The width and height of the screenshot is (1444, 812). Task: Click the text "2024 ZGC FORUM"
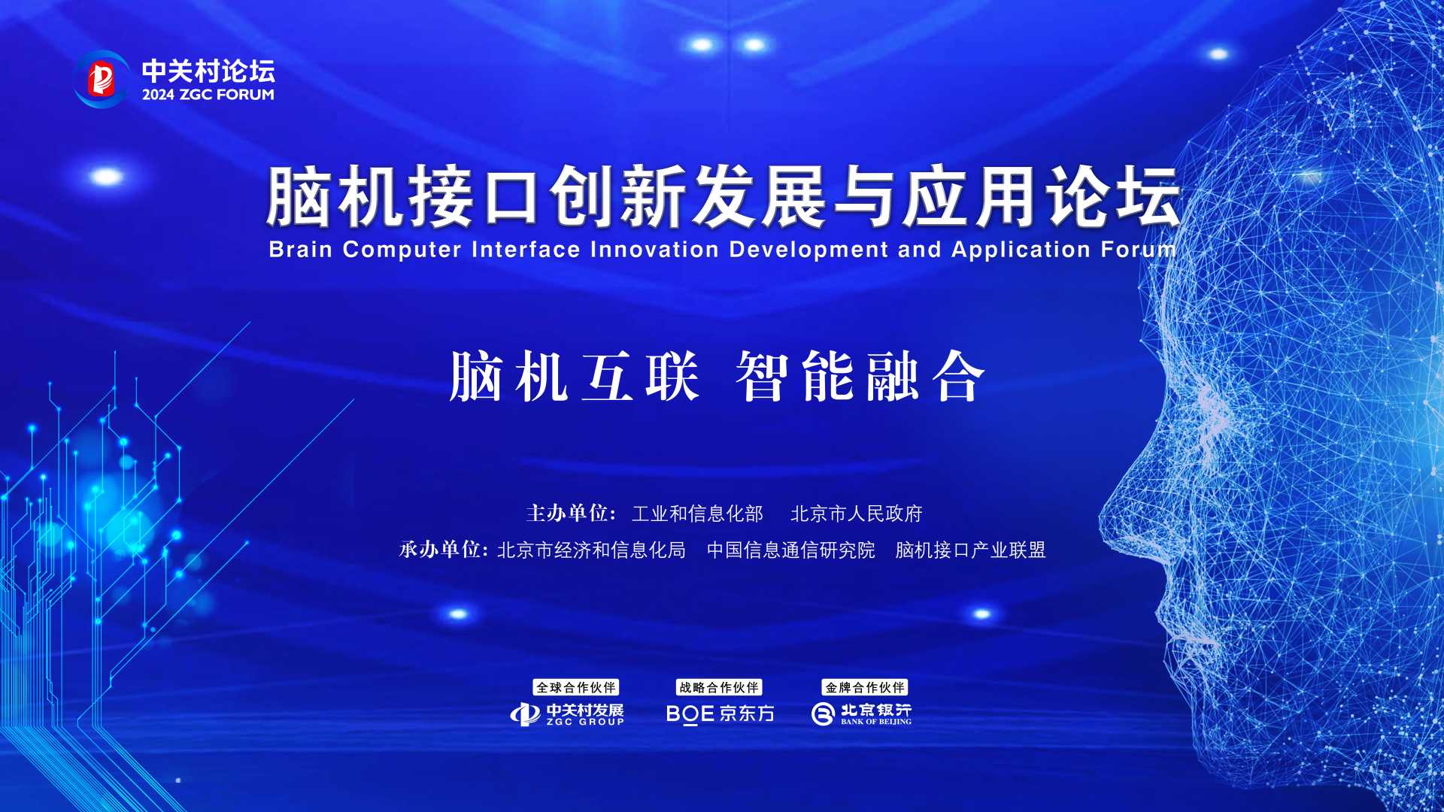(x=208, y=95)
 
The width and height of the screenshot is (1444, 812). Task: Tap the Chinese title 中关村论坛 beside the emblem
(x=208, y=71)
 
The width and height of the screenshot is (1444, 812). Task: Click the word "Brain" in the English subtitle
(x=301, y=250)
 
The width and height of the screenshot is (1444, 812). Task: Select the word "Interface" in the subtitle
(x=526, y=250)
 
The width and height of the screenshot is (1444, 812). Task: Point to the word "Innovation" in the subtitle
(x=654, y=250)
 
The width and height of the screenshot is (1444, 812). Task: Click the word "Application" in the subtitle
(x=1021, y=250)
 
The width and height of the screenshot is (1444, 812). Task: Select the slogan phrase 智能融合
(x=860, y=376)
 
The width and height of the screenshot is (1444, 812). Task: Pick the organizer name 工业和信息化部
(x=697, y=514)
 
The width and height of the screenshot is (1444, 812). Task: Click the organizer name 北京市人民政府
(x=857, y=514)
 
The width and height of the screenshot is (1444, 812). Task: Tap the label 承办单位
(x=444, y=550)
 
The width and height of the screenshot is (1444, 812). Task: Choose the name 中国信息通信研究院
(x=791, y=550)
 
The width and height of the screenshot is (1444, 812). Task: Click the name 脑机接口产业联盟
(x=970, y=550)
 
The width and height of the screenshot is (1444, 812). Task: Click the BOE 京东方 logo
(x=720, y=714)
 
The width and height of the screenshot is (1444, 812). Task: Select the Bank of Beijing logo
(x=861, y=714)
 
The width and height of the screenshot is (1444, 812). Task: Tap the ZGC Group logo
(x=567, y=714)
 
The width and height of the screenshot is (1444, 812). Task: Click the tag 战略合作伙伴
(x=719, y=687)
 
